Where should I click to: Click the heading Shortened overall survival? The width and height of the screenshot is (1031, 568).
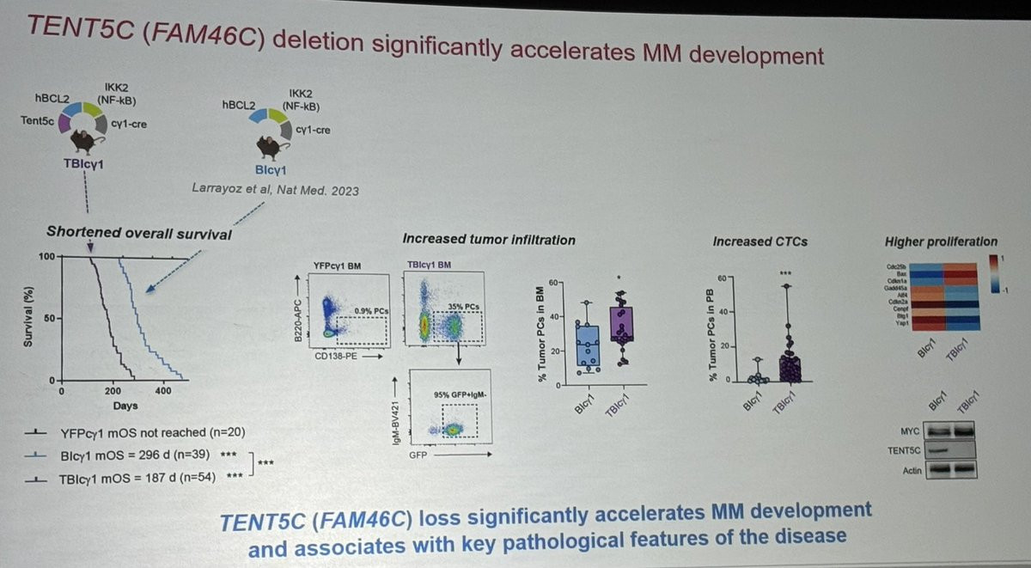click(x=139, y=232)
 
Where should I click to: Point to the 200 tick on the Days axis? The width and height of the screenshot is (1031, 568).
click(x=113, y=391)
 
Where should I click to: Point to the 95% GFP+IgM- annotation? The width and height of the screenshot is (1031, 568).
click(x=461, y=394)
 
